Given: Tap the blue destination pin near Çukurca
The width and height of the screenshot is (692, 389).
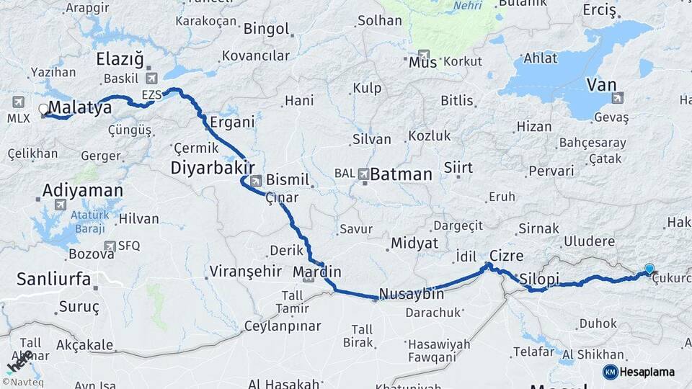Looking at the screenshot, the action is (649, 269).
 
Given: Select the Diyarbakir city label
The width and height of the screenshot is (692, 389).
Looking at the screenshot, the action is (210, 168).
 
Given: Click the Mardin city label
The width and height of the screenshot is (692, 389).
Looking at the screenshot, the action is (317, 272).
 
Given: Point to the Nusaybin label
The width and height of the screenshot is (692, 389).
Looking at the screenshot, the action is (411, 294).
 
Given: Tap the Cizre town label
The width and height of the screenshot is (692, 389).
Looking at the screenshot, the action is (506, 256).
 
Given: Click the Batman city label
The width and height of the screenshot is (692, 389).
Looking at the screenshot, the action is (402, 174).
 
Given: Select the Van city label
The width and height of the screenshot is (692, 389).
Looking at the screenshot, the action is (602, 85).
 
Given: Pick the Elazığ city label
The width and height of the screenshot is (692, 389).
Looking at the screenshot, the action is (120, 59).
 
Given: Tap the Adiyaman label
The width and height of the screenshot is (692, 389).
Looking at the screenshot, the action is (83, 191).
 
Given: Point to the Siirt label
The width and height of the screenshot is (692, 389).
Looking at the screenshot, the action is (458, 168).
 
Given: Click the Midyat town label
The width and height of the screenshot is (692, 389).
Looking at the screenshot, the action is (414, 243).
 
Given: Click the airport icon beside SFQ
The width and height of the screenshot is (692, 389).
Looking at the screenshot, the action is (110, 246).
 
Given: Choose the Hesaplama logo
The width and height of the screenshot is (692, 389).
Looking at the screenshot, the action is (639, 372).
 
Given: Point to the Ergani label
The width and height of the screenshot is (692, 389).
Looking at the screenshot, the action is (232, 122).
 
